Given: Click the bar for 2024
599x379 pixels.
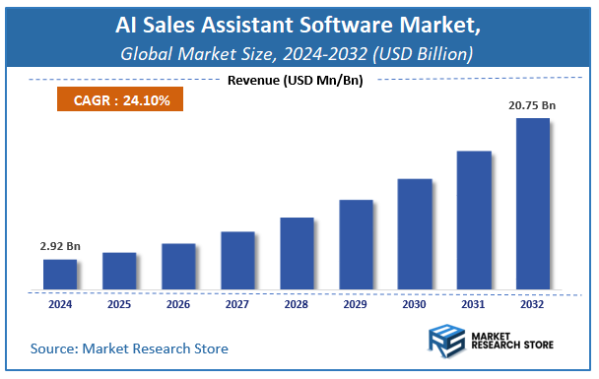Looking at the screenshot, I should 60,275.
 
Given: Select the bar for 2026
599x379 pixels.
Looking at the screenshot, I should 178,267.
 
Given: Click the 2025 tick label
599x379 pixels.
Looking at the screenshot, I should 119,304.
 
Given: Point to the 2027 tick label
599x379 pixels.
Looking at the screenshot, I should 237,304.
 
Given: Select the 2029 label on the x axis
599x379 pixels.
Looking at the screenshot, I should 356,304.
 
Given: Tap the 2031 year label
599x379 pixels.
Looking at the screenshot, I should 474,304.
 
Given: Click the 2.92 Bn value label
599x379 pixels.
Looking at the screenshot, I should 61,244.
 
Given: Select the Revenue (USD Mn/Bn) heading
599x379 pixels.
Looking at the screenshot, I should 297,80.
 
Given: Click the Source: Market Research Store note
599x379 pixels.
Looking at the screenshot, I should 129,347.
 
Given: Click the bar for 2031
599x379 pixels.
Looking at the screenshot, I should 474,221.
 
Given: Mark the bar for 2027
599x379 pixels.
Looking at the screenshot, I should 237,261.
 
